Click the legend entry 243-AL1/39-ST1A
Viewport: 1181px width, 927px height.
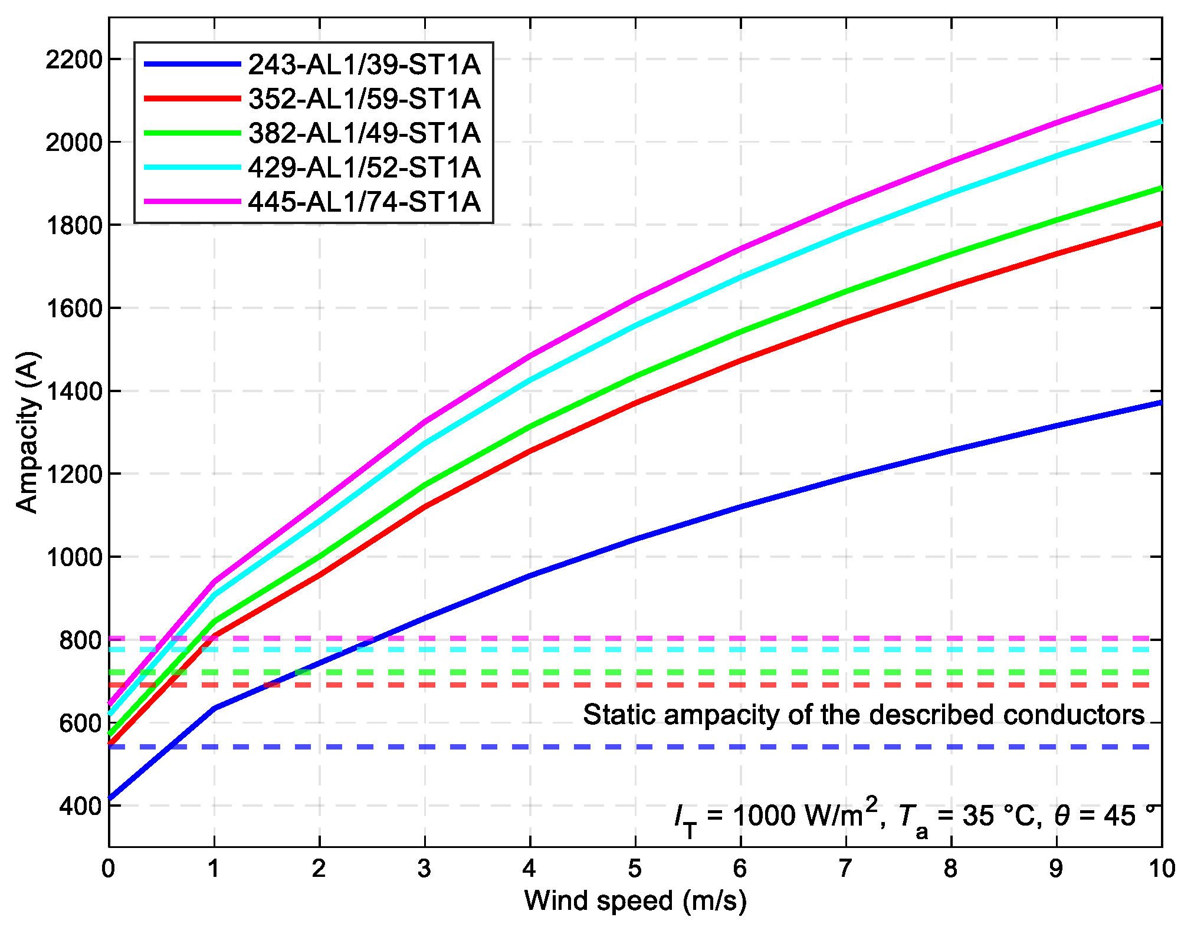[364, 64]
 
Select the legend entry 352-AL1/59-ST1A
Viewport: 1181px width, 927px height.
[364, 98]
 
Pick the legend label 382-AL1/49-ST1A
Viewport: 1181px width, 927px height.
[364, 133]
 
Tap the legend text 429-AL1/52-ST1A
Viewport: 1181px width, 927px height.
[364, 167]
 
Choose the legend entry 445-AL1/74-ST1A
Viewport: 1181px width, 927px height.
[364, 202]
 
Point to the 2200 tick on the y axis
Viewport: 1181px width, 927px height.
[74, 60]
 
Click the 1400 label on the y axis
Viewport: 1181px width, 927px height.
[74, 391]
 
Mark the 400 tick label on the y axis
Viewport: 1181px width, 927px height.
[80, 806]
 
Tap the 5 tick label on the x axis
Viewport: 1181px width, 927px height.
[635, 868]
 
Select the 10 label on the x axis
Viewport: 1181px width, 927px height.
[1162, 868]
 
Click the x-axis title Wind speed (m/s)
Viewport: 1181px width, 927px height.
[635, 900]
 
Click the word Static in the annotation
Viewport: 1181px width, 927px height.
[619, 715]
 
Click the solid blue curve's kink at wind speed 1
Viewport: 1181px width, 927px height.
[214, 708]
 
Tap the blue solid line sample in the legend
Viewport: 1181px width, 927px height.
[193, 64]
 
